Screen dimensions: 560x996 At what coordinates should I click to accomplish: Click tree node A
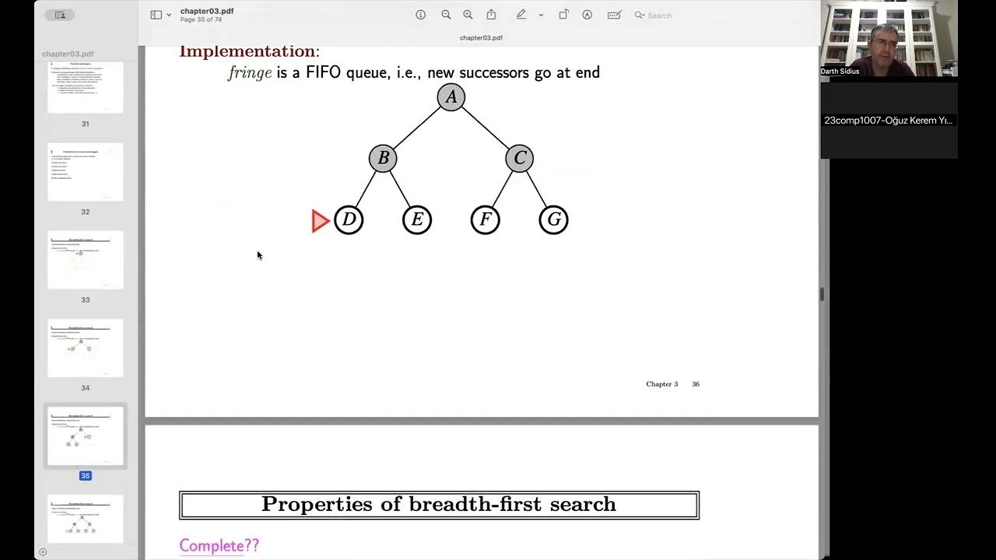451,97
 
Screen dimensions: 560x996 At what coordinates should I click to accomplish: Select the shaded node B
383,159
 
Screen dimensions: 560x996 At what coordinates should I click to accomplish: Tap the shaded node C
519,159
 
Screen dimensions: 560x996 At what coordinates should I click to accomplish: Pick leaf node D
349,220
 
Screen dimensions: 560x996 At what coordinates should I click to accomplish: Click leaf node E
417,220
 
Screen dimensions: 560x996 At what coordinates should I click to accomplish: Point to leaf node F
485,220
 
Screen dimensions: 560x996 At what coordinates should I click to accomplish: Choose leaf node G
553,220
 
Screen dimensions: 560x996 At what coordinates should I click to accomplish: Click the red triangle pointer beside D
320,221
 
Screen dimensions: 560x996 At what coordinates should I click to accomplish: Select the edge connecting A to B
417,128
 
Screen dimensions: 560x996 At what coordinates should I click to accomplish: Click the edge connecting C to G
537,190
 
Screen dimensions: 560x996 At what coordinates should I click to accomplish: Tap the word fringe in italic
250,72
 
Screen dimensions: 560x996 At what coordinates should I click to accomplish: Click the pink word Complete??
219,545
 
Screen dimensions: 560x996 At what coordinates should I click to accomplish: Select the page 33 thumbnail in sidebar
86,261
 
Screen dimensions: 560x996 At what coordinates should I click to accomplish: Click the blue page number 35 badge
86,475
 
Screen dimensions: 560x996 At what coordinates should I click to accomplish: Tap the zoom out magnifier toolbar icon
446,15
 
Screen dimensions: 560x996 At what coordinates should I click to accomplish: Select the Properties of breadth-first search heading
439,504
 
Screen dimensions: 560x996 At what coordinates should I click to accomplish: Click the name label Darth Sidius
840,72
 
